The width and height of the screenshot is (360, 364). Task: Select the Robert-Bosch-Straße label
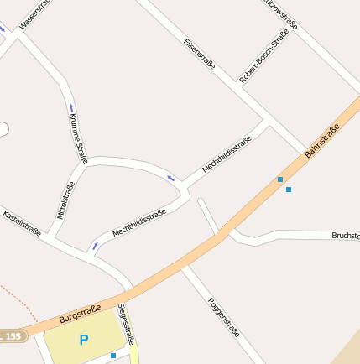[x=264, y=56]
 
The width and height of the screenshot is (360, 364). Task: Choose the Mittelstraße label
[x=66, y=200]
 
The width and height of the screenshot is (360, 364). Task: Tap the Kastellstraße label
[x=23, y=221]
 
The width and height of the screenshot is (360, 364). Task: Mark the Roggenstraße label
[x=224, y=317]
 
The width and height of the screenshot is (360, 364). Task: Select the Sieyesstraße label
[x=127, y=324]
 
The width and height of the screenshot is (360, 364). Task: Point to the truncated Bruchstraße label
[x=345, y=236]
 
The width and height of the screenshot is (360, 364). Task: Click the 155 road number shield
[x=13, y=336]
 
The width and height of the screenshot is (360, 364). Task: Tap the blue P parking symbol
[x=83, y=340]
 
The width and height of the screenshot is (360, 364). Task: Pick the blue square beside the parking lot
[x=113, y=356]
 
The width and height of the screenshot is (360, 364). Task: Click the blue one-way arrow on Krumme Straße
[x=71, y=107]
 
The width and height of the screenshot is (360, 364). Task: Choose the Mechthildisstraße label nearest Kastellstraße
[x=139, y=222]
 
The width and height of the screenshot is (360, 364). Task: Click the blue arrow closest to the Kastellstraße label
[x=95, y=246]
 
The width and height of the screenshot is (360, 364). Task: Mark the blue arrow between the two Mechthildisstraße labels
[x=171, y=177]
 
